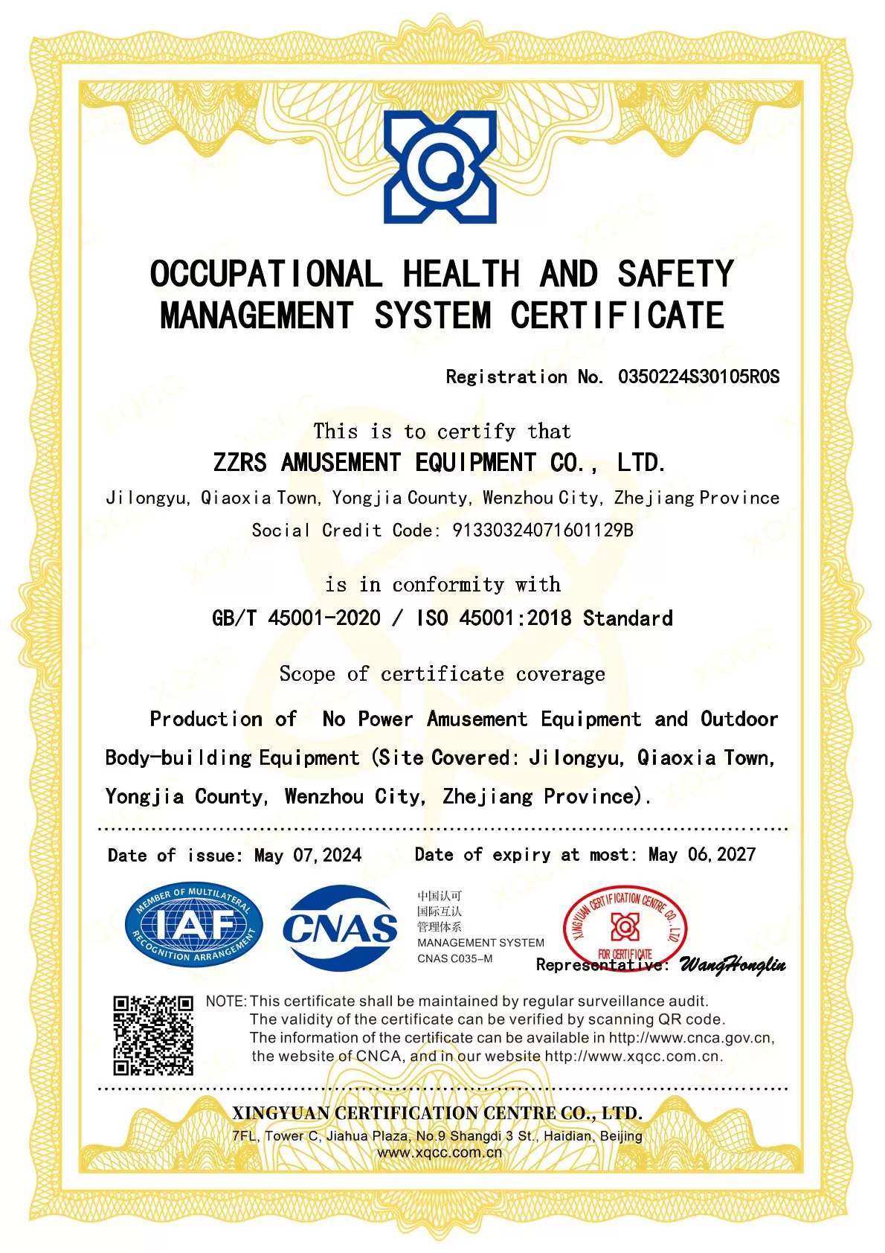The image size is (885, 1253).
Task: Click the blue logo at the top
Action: pyautogui.click(x=440, y=167)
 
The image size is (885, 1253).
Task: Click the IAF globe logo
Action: pyautogui.click(x=193, y=926)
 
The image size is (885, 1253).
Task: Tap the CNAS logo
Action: pyautogui.click(x=340, y=927)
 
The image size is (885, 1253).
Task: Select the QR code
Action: pyautogui.click(x=153, y=1035)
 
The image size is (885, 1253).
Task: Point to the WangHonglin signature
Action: pyautogui.click(x=733, y=965)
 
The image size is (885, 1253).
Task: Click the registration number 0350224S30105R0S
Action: pyautogui.click(x=698, y=376)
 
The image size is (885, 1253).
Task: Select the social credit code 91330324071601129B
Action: pyautogui.click(x=543, y=531)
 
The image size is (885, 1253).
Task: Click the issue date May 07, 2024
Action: pyautogui.click(x=308, y=855)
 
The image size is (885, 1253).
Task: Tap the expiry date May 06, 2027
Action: pyautogui.click(x=701, y=854)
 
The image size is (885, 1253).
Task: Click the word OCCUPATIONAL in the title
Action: pyautogui.click(x=266, y=274)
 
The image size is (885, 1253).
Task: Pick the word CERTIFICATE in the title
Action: pyautogui.click(x=617, y=315)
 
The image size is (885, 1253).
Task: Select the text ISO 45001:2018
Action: pyautogui.click(x=494, y=618)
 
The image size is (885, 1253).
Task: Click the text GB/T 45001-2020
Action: pyautogui.click(x=296, y=618)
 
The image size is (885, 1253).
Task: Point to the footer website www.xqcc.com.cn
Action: pyautogui.click(x=440, y=1153)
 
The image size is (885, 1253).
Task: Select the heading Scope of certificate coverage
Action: pyautogui.click(x=442, y=674)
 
